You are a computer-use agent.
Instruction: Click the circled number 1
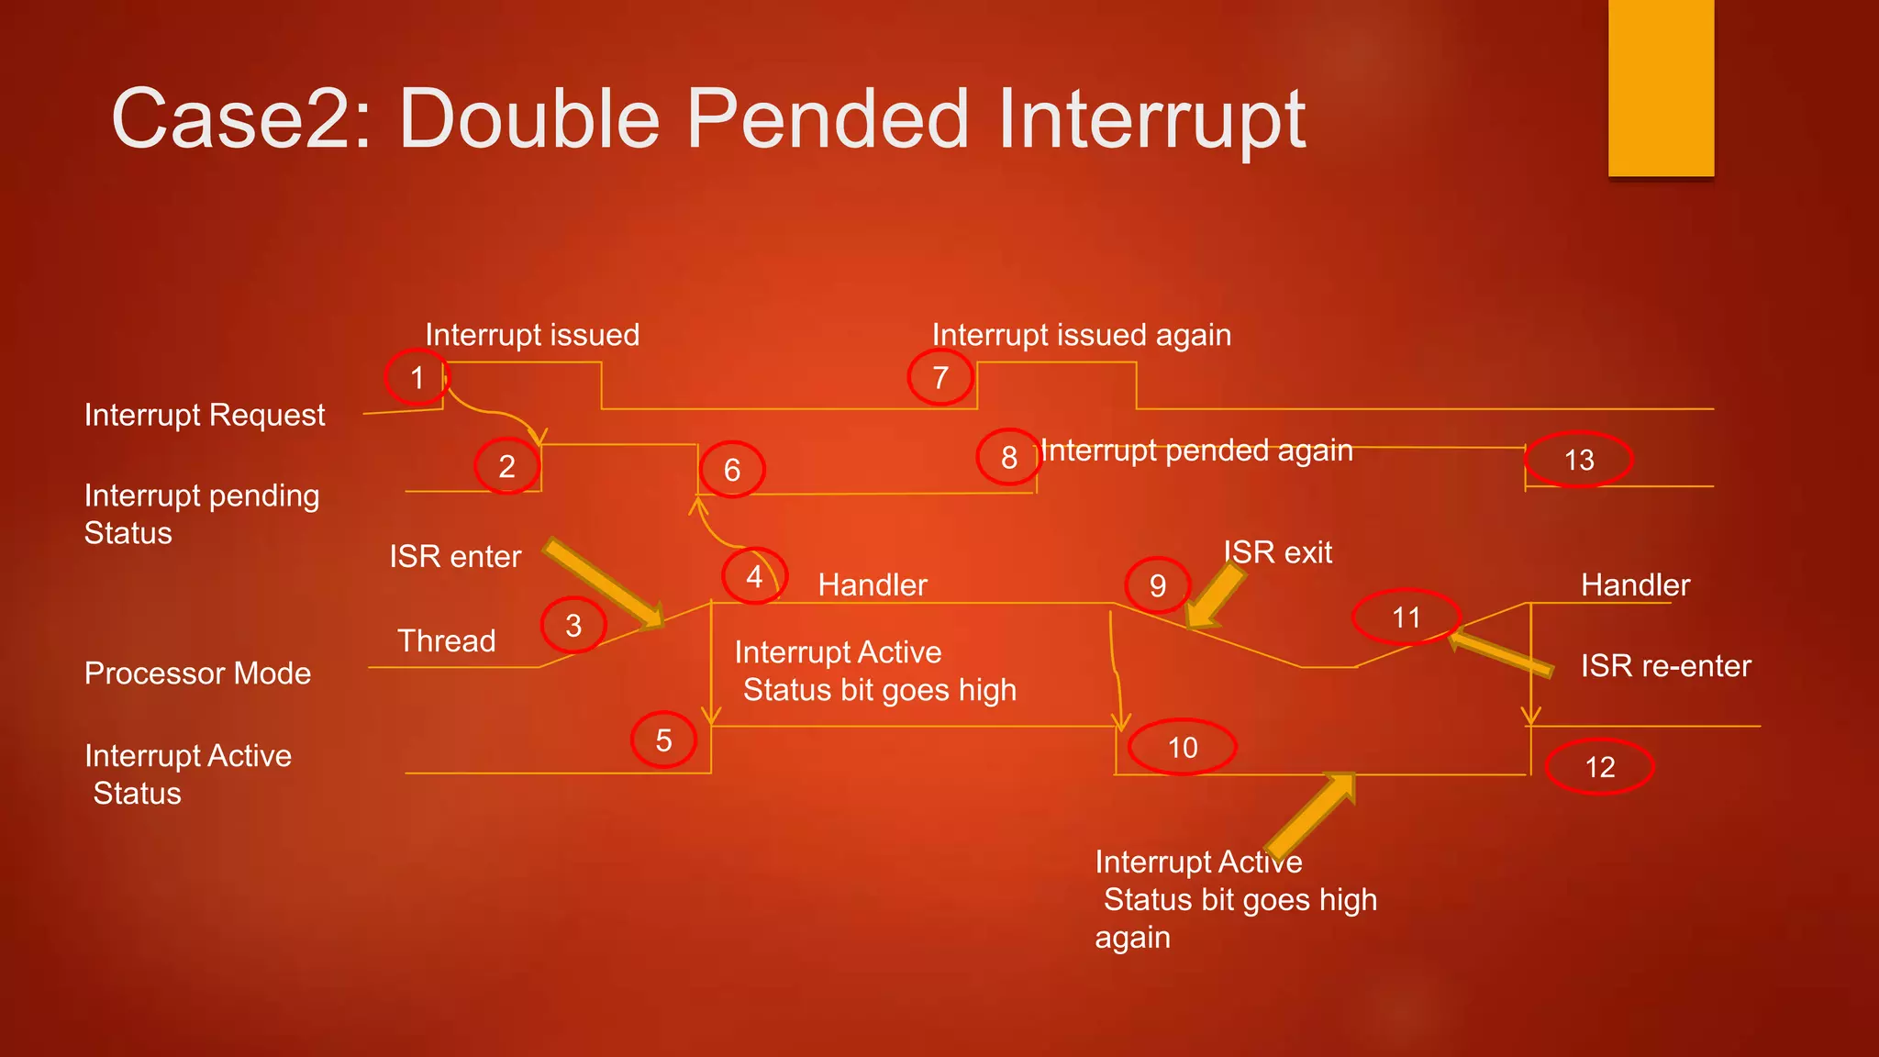tap(417, 377)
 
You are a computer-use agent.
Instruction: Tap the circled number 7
tap(940, 377)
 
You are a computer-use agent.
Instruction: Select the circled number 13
tap(1579, 460)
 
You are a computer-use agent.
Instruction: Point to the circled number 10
tap(1183, 748)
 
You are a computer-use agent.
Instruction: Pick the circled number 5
tap(663, 740)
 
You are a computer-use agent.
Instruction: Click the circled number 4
tap(754, 576)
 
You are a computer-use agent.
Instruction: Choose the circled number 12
tap(1600, 767)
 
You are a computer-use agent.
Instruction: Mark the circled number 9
tap(1158, 585)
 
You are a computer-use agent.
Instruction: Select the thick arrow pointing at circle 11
tap(1501, 652)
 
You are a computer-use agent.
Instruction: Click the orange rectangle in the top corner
tap(1661, 88)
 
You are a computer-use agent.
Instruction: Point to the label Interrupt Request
tap(205, 415)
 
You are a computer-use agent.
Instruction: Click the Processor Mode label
tap(197, 673)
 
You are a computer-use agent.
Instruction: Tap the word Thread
tap(446, 640)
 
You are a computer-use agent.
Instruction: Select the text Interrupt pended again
tap(1196, 451)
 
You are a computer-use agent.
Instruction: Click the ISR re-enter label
tap(1665, 666)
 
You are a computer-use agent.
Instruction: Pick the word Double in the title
tap(529, 118)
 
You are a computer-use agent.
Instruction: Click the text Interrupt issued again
tap(1081, 335)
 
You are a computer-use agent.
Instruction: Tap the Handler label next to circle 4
tap(873, 585)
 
